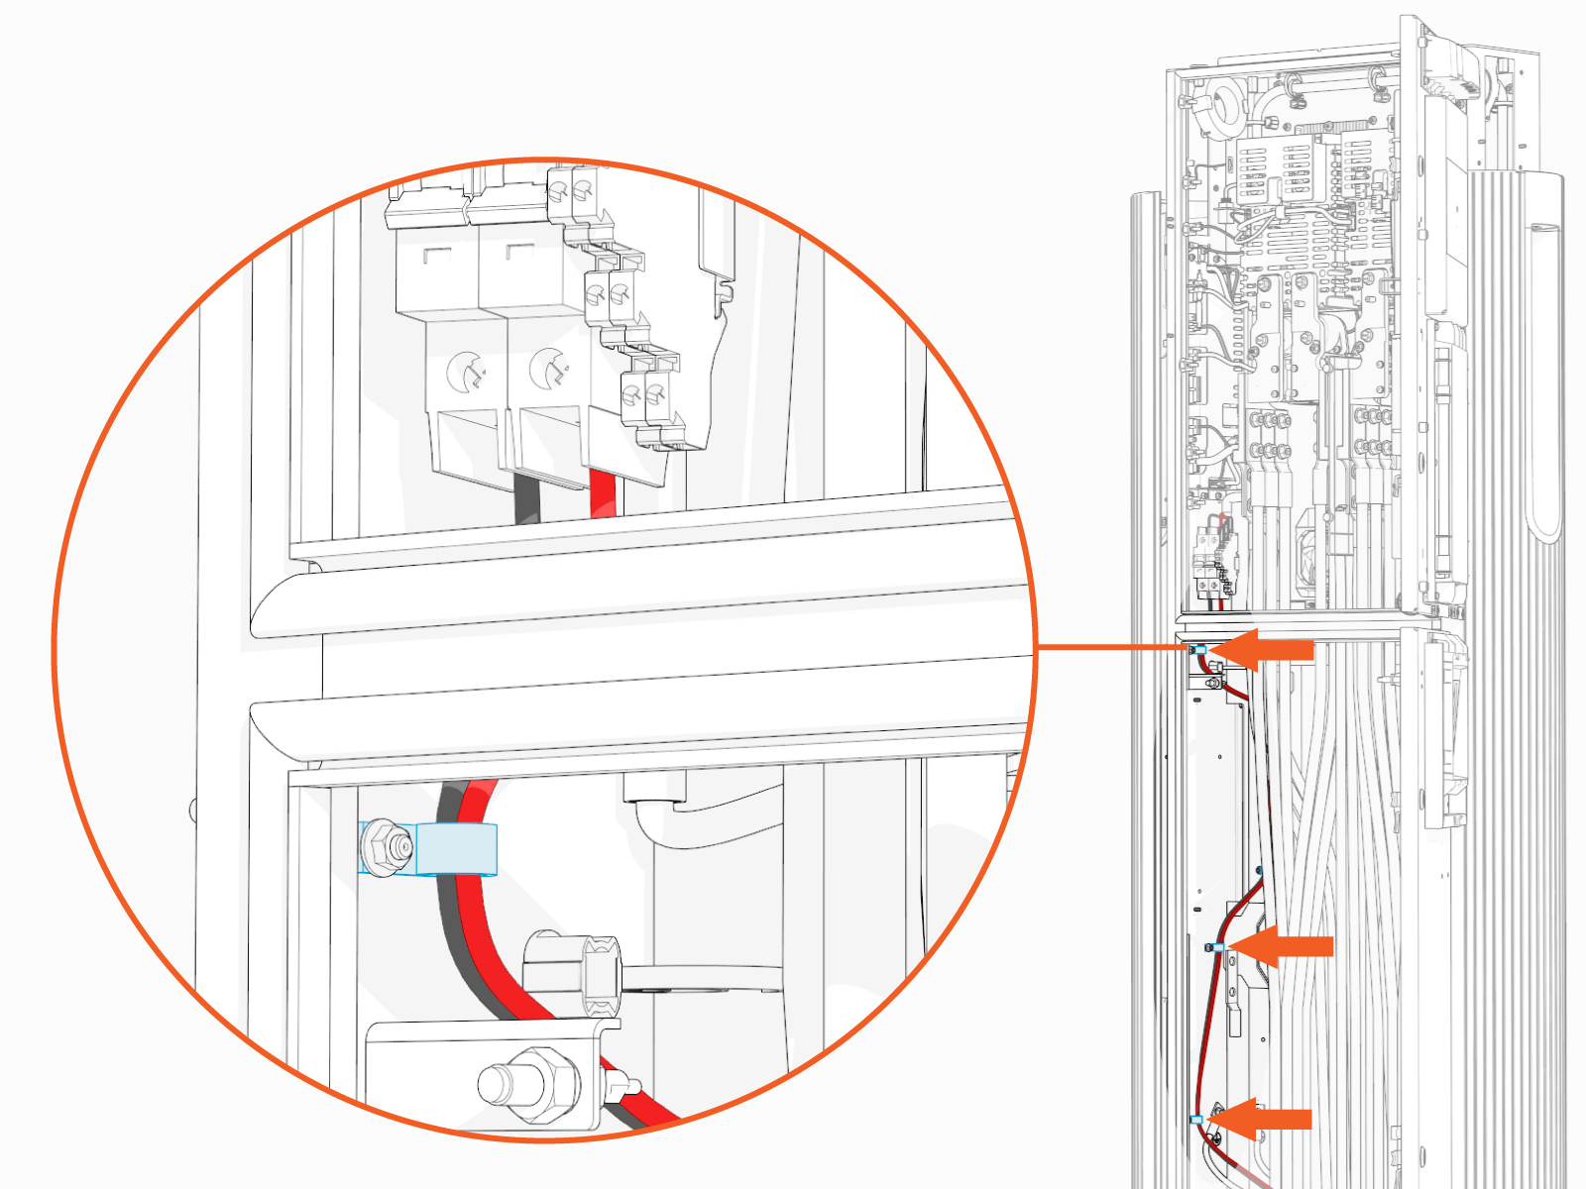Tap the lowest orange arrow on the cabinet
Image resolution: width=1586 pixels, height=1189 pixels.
click(x=1265, y=1119)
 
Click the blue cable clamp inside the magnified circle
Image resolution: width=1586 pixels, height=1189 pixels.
click(x=456, y=848)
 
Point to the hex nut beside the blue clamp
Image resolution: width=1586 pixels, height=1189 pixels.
click(x=385, y=847)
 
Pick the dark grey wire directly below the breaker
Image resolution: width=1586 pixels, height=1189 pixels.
click(x=526, y=497)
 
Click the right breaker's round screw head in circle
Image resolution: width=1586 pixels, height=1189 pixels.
click(x=547, y=369)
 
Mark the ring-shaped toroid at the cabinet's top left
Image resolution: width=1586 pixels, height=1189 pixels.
click(x=1225, y=105)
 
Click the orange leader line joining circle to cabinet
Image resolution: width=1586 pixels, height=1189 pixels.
click(x=1110, y=647)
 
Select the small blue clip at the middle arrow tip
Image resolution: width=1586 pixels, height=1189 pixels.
click(x=1218, y=947)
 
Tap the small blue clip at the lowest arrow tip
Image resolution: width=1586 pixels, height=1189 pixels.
click(x=1196, y=1119)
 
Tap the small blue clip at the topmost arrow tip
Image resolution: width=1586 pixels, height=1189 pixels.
click(x=1199, y=649)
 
